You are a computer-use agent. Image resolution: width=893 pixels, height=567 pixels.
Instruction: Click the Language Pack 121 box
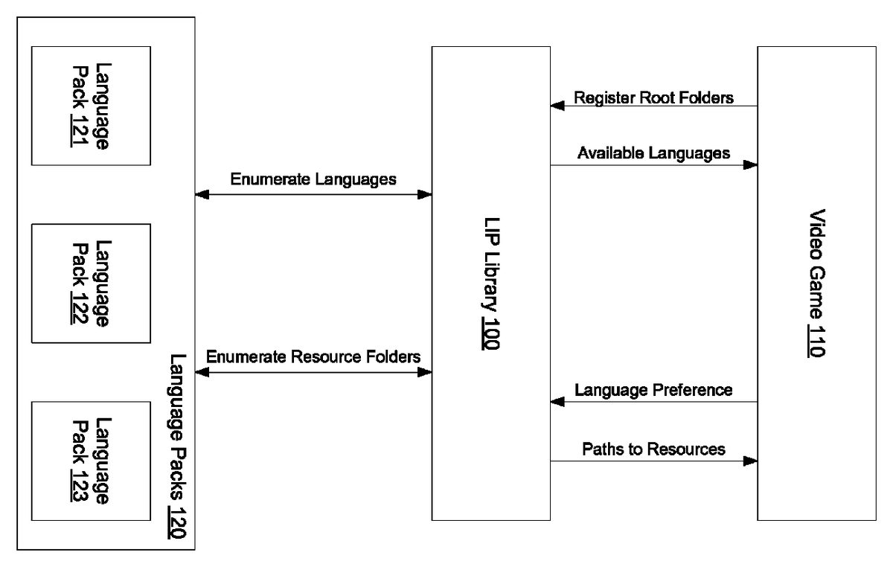coord(90,105)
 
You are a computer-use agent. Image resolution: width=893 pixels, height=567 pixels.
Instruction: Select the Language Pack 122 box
coord(90,283)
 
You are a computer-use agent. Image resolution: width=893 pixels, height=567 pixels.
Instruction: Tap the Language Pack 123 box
coord(90,461)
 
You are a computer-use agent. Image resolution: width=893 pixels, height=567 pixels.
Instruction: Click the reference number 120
coord(178,525)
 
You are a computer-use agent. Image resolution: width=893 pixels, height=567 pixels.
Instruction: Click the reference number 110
coord(816,340)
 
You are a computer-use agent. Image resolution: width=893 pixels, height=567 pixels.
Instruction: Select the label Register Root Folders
coord(654,97)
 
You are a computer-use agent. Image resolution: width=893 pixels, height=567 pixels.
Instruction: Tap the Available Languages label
coord(653,153)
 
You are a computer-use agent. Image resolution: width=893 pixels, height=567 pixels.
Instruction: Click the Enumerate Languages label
coord(313,179)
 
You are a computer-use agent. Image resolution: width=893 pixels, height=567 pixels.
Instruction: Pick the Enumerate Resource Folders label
coord(313,356)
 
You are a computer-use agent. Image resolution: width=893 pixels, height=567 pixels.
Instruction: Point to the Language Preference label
coord(653,390)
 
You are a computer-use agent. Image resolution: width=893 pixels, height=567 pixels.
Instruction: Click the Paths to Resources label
coord(653,449)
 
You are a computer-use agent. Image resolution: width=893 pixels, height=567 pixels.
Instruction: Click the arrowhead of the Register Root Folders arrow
coord(557,106)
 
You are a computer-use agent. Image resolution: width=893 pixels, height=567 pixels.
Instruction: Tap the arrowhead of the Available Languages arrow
coord(750,164)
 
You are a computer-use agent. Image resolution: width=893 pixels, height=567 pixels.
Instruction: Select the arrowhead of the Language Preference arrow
coord(557,402)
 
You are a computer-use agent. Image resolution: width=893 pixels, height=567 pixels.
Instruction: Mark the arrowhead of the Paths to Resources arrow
coord(750,461)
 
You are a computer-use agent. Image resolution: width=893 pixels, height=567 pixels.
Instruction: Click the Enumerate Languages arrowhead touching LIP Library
coord(425,195)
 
